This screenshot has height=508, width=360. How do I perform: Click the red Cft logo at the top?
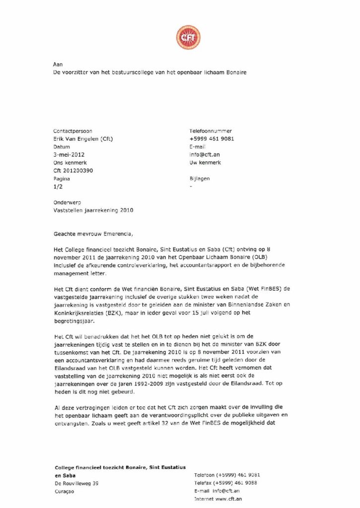coord(188,38)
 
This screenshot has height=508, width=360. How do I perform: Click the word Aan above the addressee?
coord(58,64)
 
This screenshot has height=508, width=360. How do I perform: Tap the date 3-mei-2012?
coord(69,155)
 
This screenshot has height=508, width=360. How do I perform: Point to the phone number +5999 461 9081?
coord(212,139)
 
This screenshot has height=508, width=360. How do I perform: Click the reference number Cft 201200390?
coord(73,171)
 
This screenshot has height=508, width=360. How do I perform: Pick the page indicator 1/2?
coord(58,187)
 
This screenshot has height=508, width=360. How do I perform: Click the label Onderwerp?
coord(67,202)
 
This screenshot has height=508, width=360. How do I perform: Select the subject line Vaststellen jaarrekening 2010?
coord(93,210)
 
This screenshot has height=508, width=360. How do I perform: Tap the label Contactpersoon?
coord(72,131)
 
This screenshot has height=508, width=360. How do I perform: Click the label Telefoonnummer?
coord(211,131)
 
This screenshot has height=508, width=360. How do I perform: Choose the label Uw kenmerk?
coord(205,163)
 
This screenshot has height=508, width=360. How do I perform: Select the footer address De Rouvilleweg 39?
coord(76,483)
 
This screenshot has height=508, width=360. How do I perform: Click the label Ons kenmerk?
coord(69,163)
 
